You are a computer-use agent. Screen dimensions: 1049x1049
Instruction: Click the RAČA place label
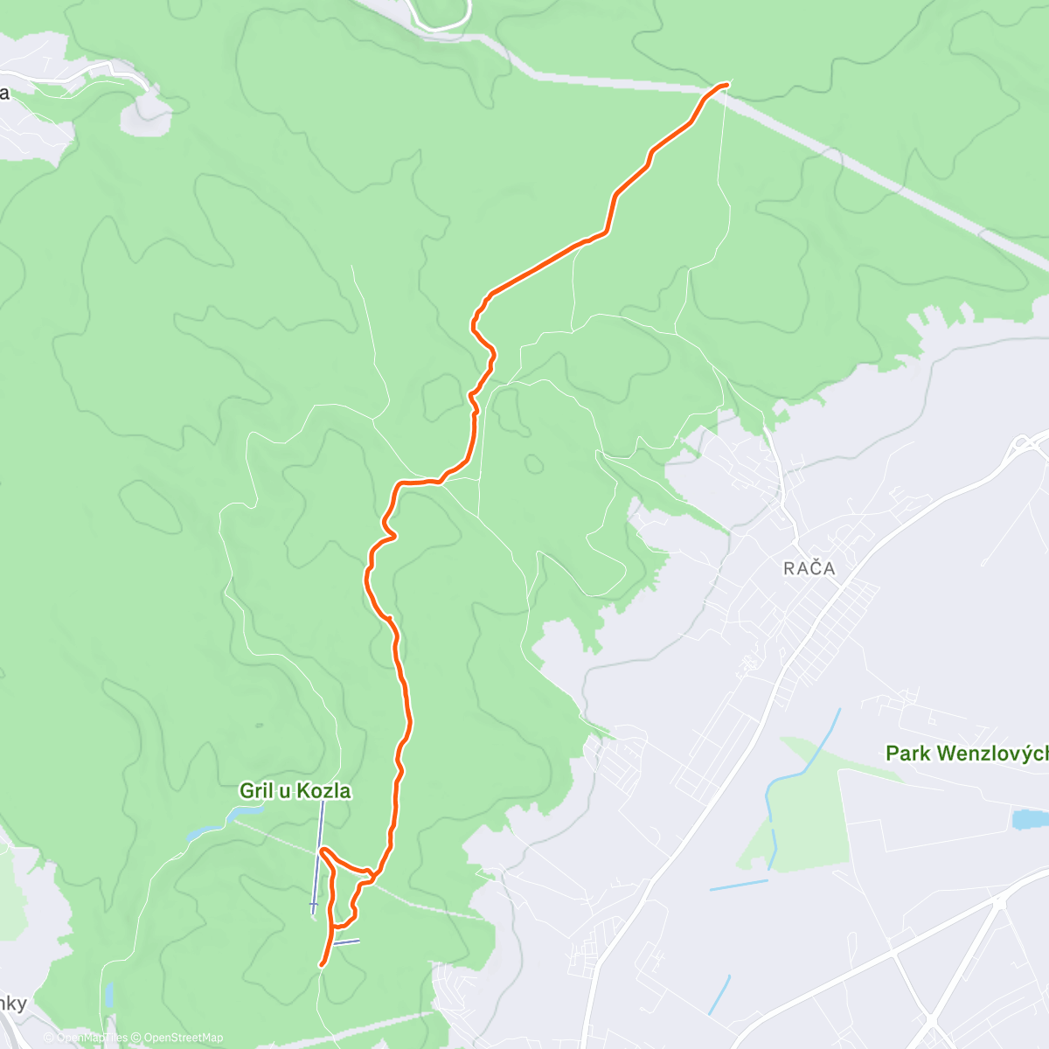coord(809,568)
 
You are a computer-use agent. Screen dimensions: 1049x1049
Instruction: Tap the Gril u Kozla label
coord(295,791)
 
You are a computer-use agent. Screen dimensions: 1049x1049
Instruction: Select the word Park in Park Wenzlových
coord(908,753)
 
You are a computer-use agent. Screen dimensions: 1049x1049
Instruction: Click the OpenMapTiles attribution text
coord(86,1038)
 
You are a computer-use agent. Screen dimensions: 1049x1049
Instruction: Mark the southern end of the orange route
coord(323,964)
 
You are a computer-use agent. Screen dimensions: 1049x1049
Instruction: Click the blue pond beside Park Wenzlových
coord(1028,819)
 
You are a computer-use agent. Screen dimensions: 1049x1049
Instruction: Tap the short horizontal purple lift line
coord(345,942)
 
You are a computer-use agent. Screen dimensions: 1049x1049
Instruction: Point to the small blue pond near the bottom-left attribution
coord(108,995)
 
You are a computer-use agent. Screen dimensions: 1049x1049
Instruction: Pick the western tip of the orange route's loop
coord(323,850)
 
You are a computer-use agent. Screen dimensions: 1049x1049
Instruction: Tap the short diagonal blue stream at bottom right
coord(719,995)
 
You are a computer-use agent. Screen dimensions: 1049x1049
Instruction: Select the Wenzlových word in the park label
coord(992,753)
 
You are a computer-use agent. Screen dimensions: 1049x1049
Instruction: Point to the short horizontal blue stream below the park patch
coord(739,885)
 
